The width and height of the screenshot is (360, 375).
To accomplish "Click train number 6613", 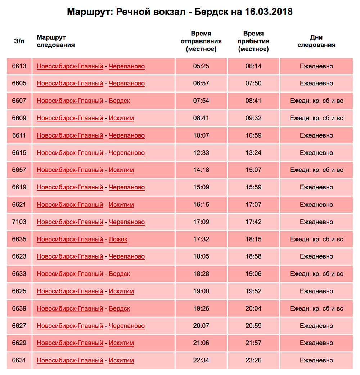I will point(19,66).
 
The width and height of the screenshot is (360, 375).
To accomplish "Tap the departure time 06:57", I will point(201,84).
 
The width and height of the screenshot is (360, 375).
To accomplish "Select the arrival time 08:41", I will point(253,101).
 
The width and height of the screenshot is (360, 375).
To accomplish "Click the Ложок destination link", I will point(118,240).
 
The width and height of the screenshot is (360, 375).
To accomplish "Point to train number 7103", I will point(19,222).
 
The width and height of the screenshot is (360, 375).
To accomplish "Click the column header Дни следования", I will point(316,41).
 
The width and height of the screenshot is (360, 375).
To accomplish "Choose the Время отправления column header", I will point(201,41).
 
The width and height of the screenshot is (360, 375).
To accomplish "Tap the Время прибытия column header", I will point(253,41).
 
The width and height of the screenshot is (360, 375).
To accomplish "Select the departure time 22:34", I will point(201,361).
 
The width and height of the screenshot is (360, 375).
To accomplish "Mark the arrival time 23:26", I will point(253,361).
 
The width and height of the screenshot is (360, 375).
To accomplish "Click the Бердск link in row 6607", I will point(119,101).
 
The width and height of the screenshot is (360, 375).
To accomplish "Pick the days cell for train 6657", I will point(316,170).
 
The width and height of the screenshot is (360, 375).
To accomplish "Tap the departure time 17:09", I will point(201,222).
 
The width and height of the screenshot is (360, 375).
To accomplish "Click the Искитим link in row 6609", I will point(121,118).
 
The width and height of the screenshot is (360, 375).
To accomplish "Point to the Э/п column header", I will point(19,41).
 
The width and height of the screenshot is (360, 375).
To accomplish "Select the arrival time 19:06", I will point(253,274).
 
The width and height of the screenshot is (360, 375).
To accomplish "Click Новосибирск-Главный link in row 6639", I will point(70,309).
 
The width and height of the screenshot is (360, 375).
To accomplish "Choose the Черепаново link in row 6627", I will point(127,326).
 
